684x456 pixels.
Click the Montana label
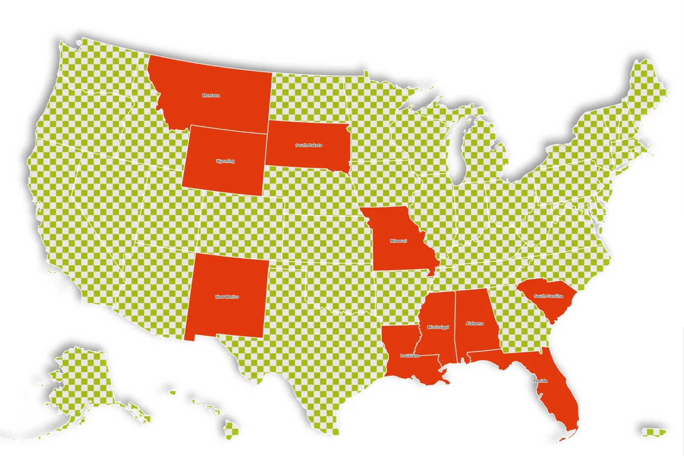211,95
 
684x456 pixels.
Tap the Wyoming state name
225,161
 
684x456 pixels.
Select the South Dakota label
309,145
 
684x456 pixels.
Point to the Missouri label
398,241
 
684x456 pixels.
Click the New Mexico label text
227,296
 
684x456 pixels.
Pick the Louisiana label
410,356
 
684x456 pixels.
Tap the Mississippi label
438,327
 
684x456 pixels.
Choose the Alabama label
475,323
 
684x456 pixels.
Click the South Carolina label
548,296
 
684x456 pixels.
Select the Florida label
540,381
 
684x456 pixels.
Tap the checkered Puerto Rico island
653,432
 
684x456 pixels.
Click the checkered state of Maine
646,90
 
